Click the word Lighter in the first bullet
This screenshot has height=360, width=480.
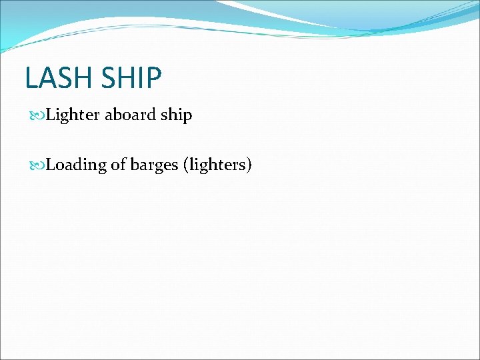coord(73,115)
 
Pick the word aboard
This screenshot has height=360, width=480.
coord(130,115)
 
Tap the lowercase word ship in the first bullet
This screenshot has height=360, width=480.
coord(176,115)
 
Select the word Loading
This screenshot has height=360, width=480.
coord(76,165)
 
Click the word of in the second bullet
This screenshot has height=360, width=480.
coord(117,164)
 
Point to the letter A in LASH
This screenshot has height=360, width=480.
coord(46,77)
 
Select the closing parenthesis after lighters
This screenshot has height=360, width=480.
coord(248,165)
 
